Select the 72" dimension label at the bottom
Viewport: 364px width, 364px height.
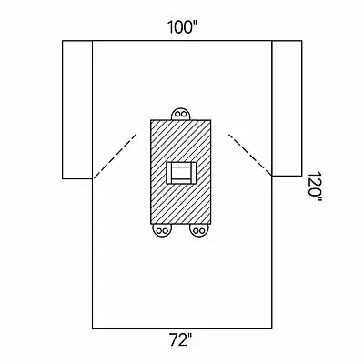point(181,340)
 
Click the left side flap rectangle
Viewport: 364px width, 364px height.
point(77,109)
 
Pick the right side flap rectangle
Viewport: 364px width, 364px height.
point(287,108)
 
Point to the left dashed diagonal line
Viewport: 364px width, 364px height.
point(116,156)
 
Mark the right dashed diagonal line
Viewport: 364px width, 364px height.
point(249,155)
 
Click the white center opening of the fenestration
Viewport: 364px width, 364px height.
point(181,173)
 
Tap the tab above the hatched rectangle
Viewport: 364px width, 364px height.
point(181,115)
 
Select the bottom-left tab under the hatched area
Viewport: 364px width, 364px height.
point(162,229)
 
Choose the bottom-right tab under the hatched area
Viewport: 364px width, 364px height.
point(199,229)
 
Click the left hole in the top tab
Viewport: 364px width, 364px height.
point(177,115)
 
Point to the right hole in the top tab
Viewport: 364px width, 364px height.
point(184,115)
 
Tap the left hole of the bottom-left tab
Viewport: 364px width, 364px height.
point(158,230)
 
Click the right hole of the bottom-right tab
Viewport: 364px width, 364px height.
point(202,230)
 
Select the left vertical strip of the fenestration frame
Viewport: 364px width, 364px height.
point(169,173)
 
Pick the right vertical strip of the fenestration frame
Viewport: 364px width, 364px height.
point(193,173)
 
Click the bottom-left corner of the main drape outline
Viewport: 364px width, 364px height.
point(93,328)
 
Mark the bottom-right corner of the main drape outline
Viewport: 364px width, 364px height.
point(272,328)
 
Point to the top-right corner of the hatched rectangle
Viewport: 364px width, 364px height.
point(211,120)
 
